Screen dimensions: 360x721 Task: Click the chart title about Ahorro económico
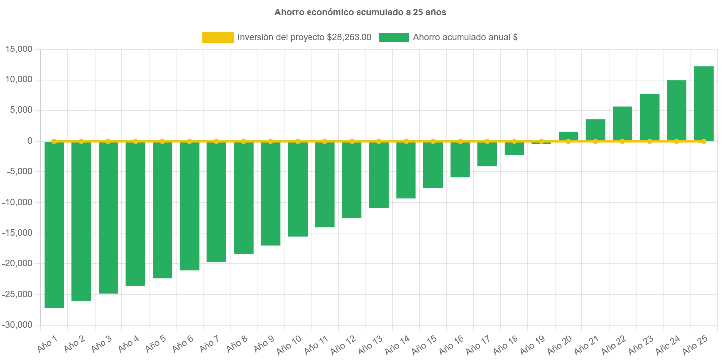click(x=360, y=13)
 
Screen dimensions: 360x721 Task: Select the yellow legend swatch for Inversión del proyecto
click(x=218, y=37)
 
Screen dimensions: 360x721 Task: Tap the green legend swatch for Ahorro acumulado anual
click(x=394, y=37)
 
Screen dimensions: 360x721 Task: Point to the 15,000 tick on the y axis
click(x=18, y=49)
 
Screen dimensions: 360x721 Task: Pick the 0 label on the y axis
click(x=30, y=141)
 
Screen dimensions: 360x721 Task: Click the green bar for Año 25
click(x=703, y=104)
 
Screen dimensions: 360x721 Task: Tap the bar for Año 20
click(x=568, y=136)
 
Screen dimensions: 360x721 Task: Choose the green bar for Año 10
click(x=297, y=189)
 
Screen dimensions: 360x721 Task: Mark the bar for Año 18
click(x=514, y=149)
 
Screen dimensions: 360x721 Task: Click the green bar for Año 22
click(x=622, y=124)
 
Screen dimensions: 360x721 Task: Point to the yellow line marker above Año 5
click(x=162, y=141)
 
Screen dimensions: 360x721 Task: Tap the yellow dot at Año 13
click(x=379, y=141)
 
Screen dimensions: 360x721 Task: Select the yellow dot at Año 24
click(x=676, y=141)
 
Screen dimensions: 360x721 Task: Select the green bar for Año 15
click(x=433, y=165)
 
